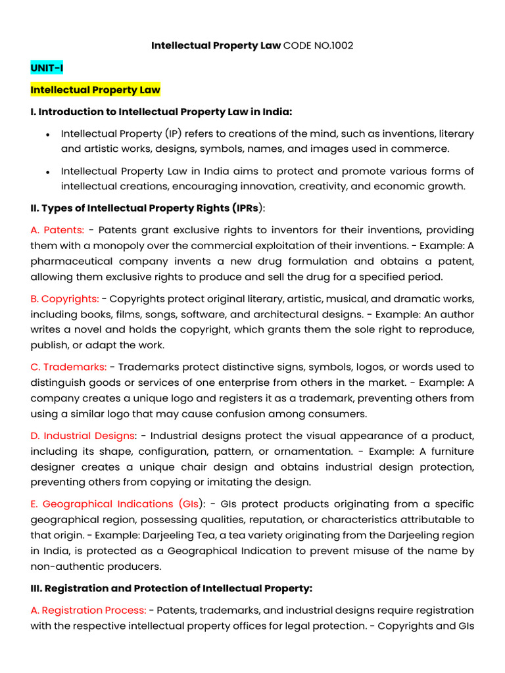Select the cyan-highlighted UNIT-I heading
click(47, 68)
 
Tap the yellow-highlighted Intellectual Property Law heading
click(95, 89)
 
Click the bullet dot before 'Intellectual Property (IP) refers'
click(48, 134)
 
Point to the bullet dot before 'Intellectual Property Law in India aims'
click(48, 172)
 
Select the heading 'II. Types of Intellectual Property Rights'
click(145, 208)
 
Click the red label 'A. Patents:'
click(57, 230)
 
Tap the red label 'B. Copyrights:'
click(64, 298)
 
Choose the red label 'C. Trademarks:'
click(68, 367)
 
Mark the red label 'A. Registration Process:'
click(88, 611)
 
